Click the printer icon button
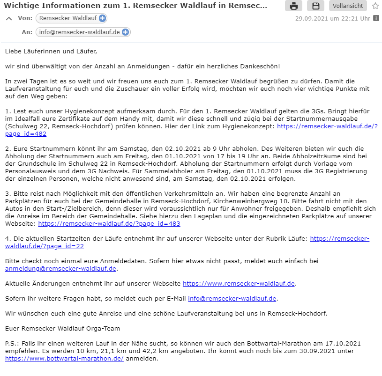pyautogui.click(x=293, y=6)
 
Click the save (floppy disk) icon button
pyautogui.click(x=315, y=6)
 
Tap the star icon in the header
pyautogui.click(x=375, y=6)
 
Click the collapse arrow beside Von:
pyautogui.click(x=8, y=19)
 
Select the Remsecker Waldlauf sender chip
pyautogui.click(x=67, y=18)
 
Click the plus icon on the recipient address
pyautogui.click(x=125, y=32)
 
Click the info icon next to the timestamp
pyautogui.click(x=376, y=19)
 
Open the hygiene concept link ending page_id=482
pyautogui.click(x=327, y=126)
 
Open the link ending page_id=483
pyautogui.click(x=109, y=224)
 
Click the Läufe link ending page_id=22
pyautogui.click(x=339, y=238)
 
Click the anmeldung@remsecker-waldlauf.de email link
pyautogui.click(x=60, y=268)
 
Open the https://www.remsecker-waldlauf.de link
pyautogui.click(x=239, y=283)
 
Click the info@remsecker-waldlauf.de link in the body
pyautogui.click(x=232, y=298)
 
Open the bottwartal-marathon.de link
pyautogui.click(x=64, y=358)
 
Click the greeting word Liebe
pyautogui.click(x=13, y=51)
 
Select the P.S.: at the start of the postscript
pyautogui.click(x=12, y=343)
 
